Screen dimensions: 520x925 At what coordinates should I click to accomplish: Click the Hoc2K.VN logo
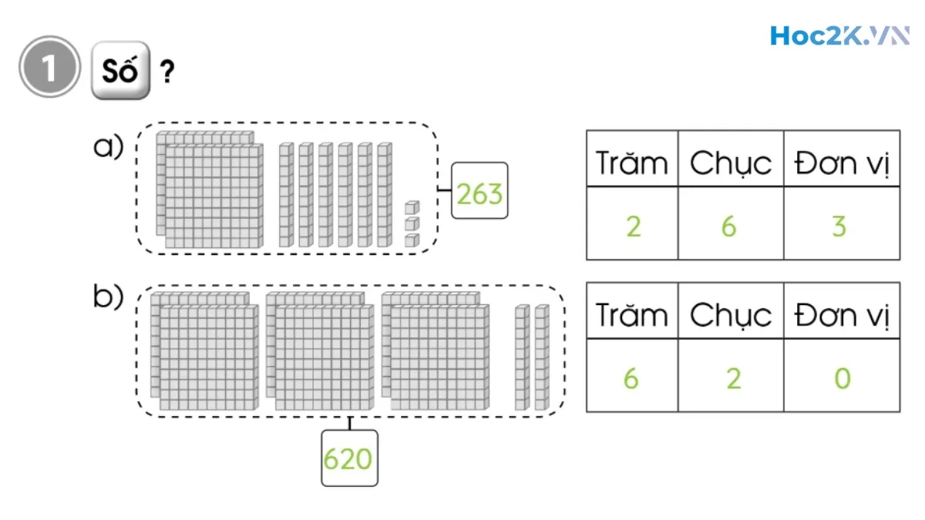pos(839,36)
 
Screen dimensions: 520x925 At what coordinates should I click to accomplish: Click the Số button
pos(119,71)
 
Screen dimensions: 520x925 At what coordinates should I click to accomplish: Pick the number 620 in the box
pos(348,458)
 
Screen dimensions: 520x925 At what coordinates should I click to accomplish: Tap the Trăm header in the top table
pos(631,163)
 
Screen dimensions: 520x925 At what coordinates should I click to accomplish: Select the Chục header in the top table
pos(730,163)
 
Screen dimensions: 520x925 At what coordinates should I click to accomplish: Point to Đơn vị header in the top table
pos(842,163)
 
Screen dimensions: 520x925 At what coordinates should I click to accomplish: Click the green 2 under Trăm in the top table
pos(633,226)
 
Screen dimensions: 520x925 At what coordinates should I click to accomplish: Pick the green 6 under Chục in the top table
pos(728,226)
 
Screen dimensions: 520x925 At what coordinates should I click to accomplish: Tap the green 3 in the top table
pos(839,226)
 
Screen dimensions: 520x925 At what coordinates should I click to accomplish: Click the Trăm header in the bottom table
pos(631,314)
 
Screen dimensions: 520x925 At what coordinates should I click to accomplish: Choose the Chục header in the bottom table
pos(730,314)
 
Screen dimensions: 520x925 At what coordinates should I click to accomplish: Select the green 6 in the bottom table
pos(631,379)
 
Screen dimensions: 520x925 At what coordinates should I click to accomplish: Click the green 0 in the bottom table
pos(842,379)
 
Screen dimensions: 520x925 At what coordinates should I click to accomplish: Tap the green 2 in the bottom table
pos(733,379)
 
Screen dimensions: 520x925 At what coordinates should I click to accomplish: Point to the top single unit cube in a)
pos(412,207)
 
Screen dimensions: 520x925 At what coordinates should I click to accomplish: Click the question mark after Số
pos(166,73)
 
